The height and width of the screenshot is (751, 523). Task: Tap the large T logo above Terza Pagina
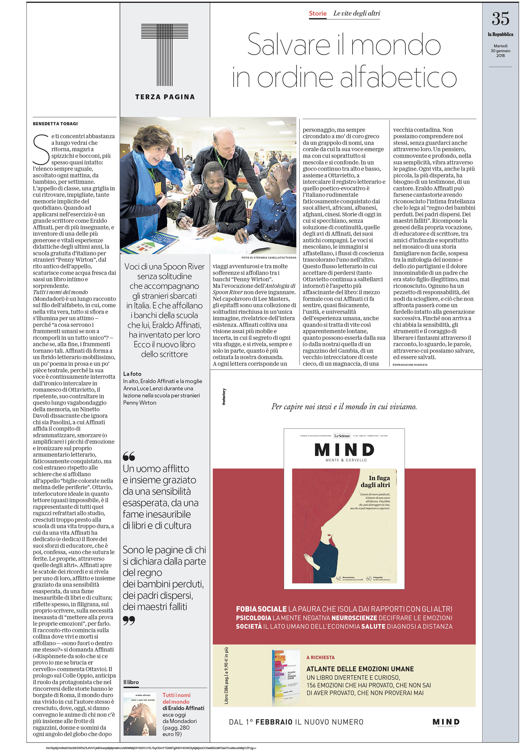[x=165, y=54]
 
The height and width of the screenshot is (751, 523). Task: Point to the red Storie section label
[x=318, y=13]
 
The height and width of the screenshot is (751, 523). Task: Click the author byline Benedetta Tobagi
[x=55, y=124]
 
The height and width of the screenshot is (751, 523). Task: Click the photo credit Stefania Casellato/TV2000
[x=269, y=257]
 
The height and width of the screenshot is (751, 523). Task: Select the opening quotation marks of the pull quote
[x=129, y=456]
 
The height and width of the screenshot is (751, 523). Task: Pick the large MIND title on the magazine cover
[x=344, y=450]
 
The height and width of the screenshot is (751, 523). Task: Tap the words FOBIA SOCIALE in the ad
[x=261, y=609]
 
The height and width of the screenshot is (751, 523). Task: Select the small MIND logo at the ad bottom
[x=446, y=722]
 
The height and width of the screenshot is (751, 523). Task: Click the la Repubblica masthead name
[x=500, y=34]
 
